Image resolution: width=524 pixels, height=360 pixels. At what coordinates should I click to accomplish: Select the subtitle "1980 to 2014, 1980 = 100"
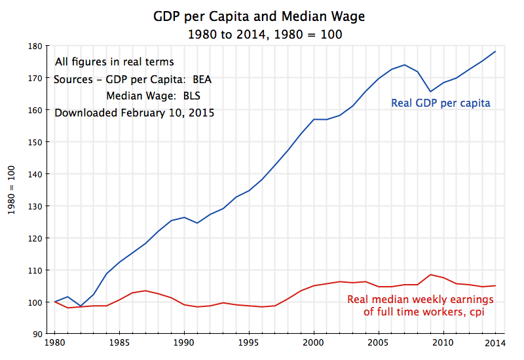pos(264,33)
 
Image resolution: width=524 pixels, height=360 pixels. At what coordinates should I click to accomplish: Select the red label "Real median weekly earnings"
pos(420,300)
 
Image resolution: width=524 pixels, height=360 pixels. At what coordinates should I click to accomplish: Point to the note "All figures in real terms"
pos(115,62)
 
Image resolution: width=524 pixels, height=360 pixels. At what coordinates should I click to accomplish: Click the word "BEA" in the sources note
pos(202,80)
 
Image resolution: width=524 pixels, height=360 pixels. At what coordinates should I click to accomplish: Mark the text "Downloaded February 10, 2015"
pos(134,113)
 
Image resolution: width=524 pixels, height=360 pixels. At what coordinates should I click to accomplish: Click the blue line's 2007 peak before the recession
pos(405,65)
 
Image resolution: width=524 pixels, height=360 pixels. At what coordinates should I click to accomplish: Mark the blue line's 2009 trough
pos(430,92)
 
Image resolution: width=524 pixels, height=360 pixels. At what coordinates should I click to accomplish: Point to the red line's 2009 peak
pos(430,274)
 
